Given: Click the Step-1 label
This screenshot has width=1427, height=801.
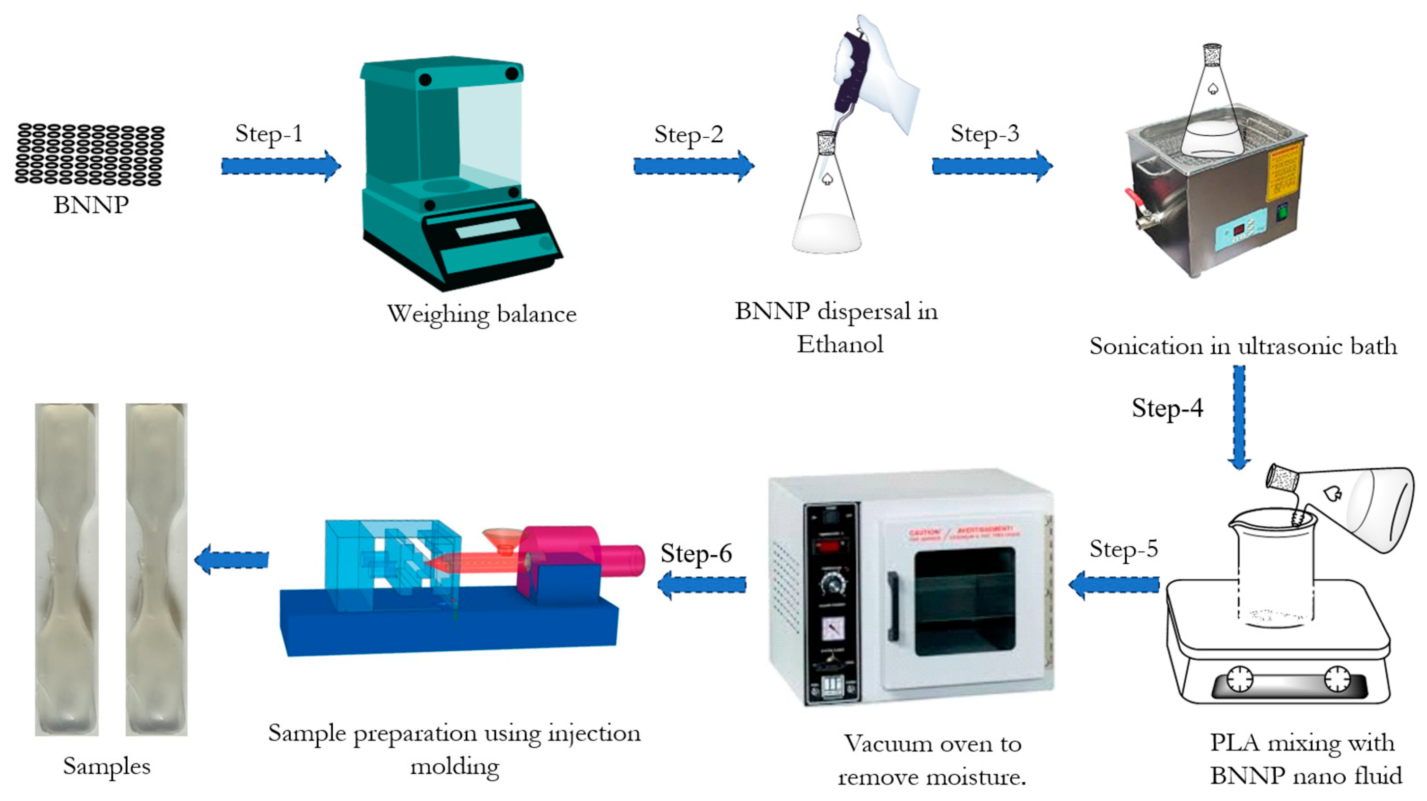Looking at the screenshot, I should [269, 134].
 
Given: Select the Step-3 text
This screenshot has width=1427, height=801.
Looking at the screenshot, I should [985, 134].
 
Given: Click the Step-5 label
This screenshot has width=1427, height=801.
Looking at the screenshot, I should [1124, 549].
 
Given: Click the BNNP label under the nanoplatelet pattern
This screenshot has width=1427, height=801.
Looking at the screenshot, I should [91, 205].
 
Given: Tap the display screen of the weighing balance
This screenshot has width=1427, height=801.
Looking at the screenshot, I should [487, 228].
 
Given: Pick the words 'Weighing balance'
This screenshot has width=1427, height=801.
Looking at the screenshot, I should [481, 314].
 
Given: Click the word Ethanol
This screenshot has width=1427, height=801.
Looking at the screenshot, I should [840, 344].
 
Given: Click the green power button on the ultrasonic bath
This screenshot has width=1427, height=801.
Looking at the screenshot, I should [1282, 213].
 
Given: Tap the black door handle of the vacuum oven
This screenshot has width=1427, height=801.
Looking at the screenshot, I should [892, 606].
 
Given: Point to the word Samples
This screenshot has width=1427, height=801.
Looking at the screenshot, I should [106, 766].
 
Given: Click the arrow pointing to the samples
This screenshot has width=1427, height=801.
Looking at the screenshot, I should [231, 559].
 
